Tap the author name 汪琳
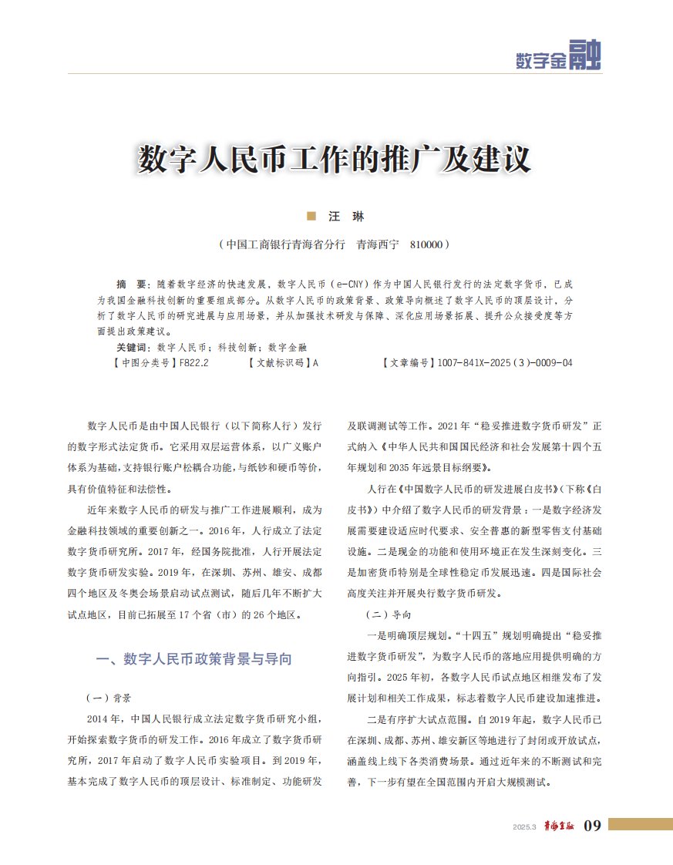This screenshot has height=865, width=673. point(346,217)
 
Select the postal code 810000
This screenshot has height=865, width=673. point(422,244)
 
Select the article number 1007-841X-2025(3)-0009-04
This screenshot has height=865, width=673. point(504,362)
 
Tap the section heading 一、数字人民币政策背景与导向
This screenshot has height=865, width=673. point(193,659)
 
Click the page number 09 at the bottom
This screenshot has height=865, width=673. point(592,826)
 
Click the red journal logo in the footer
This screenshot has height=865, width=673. point(557,826)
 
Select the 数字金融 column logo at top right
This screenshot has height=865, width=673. point(558,56)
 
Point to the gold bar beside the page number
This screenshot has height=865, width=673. point(639,824)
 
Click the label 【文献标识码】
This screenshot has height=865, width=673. point(280,362)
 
